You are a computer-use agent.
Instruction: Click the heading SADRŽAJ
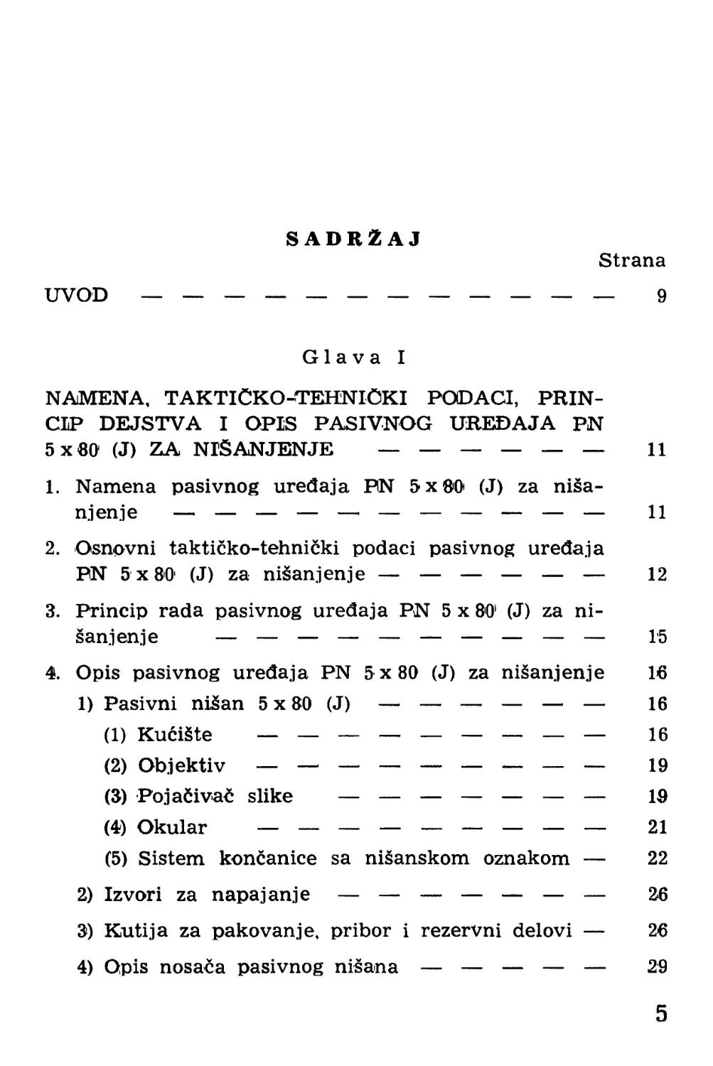(354, 239)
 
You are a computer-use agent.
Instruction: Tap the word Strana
(631, 261)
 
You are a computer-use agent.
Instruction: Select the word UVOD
(77, 295)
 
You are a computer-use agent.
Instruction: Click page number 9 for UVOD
(661, 296)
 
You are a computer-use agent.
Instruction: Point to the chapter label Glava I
(354, 357)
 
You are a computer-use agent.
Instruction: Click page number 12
(657, 574)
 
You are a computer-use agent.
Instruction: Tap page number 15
(657, 637)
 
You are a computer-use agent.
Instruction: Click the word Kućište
(174, 735)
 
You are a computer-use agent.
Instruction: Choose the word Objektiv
(181, 766)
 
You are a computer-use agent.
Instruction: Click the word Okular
(171, 828)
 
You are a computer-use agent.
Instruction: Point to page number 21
(658, 827)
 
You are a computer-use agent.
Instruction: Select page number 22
(658, 858)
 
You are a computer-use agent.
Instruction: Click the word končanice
(268, 858)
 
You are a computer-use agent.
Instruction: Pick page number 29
(658, 967)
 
